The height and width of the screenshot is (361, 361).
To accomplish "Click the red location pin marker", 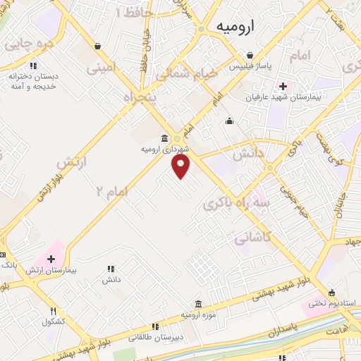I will coord(181,166).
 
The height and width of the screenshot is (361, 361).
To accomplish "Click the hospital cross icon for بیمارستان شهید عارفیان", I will coord(283,87).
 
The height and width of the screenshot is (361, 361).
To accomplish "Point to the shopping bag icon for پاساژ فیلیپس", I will coord(249,56).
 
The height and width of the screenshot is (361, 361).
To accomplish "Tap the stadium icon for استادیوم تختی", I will coord(331,293).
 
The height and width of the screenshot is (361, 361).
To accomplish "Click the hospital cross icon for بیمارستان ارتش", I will coord(51,259).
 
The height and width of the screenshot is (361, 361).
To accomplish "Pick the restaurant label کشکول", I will coord(54,322).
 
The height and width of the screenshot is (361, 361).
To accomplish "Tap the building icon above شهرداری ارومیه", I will coord(164,138).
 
